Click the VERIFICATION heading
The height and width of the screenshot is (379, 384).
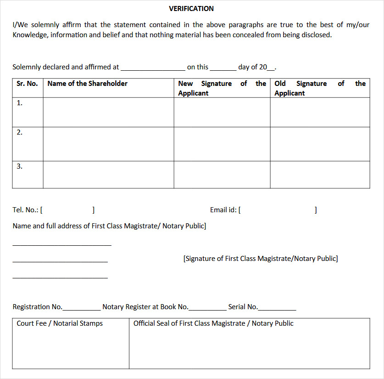pos(191,9)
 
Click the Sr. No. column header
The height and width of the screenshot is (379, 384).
pos(27,84)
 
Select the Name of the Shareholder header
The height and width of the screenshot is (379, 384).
pos(87,84)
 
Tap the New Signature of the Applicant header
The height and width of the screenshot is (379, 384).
pos(222,88)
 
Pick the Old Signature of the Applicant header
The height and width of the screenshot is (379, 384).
pos(320,88)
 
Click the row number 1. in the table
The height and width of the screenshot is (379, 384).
pos(20,103)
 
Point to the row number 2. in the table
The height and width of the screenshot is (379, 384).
pos(20,132)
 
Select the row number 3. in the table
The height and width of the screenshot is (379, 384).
pos(20,166)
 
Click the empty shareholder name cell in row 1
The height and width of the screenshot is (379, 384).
pos(108,112)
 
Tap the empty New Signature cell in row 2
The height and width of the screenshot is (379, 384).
pos(222,144)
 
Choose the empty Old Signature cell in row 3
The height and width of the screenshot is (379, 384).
pos(320,175)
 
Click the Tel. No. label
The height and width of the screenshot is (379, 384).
pos(26,210)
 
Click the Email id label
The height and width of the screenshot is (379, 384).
pos(223,210)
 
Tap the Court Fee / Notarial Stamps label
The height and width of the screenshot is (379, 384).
pos(60,323)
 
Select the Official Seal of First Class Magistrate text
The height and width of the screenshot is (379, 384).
pos(213,323)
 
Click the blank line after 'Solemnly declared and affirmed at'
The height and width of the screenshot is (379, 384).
pos(153,69)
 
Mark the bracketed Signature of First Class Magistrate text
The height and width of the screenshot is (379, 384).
pos(261,259)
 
